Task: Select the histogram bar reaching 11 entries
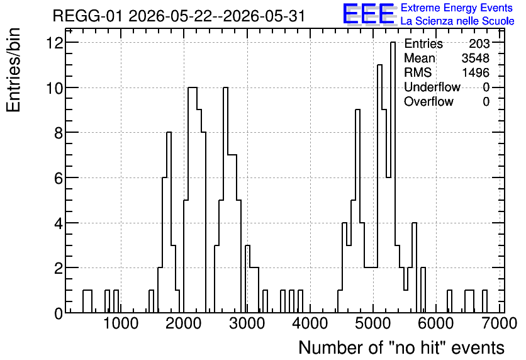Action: pyautogui.click(x=379, y=189)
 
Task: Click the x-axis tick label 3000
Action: pyautogui.click(x=247, y=323)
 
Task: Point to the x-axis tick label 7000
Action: pyautogui.click(x=499, y=323)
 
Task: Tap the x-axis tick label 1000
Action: pyautogui.click(x=121, y=323)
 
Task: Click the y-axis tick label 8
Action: pyautogui.click(x=59, y=133)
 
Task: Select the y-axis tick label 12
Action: pyautogui.click(x=55, y=43)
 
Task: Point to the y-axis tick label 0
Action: pyautogui.click(x=59, y=313)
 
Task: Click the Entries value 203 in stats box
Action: pyautogui.click(x=479, y=43)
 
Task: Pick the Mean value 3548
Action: pyautogui.click(x=476, y=58)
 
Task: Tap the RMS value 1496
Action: pyautogui.click(x=476, y=72)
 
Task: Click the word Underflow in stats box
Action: pyautogui.click(x=432, y=87)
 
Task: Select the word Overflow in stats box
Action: pyautogui.click(x=428, y=101)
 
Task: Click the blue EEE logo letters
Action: pyautogui.click(x=369, y=14)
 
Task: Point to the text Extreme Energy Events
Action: pyautogui.click(x=457, y=8)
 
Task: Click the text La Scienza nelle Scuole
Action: pyautogui.click(x=457, y=21)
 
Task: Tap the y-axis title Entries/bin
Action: pyautogui.click(x=14, y=70)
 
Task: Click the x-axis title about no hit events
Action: pyautogui.click(x=401, y=347)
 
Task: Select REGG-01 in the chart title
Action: pyautogui.click(x=88, y=16)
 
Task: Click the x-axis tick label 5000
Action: pyautogui.click(x=373, y=323)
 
